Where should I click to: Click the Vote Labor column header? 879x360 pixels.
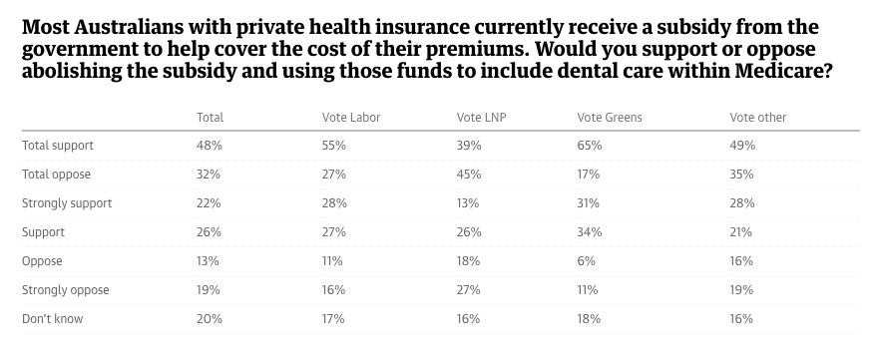[x=350, y=117]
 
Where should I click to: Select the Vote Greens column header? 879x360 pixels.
[x=610, y=117]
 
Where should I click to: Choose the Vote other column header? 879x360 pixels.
[x=757, y=117]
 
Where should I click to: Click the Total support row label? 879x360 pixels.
[x=58, y=145]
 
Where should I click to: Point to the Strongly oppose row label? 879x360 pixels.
[x=66, y=290]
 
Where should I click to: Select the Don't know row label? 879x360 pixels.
[x=52, y=319]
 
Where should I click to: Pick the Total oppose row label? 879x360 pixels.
[x=57, y=174]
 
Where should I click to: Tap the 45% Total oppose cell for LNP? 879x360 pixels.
[x=469, y=174]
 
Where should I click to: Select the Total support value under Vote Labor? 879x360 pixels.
[x=333, y=145]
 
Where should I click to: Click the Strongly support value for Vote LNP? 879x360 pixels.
[x=468, y=202]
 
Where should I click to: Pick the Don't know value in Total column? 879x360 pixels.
[x=210, y=319]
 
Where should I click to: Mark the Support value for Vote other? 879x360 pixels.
[x=741, y=231]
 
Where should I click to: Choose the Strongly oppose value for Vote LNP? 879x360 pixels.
[x=469, y=290]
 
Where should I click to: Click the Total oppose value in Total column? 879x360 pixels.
[x=210, y=174]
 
